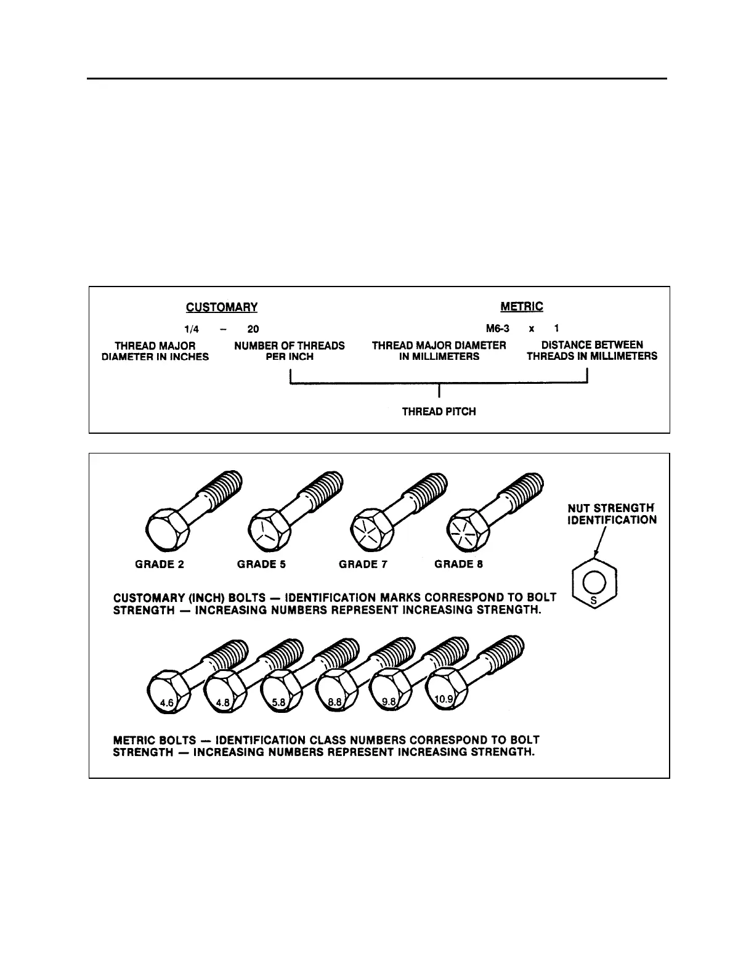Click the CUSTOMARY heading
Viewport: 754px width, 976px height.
click(222, 307)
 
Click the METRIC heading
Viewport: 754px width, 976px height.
click(522, 306)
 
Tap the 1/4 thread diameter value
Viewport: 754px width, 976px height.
click(192, 329)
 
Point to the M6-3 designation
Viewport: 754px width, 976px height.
click(497, 328)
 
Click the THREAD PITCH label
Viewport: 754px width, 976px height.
click(439, 411)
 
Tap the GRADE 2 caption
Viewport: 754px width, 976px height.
click(160, 564)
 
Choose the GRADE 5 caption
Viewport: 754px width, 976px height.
click(261, 564)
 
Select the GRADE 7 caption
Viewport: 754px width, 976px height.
click(363, 564)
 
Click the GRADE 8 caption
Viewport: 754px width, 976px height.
click(458, 564)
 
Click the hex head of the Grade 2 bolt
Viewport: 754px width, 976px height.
click(164, 529)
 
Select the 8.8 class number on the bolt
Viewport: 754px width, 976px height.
click(334, 701)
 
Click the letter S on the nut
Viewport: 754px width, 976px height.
click(594, 603)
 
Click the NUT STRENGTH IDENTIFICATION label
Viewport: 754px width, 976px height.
click(611, 514)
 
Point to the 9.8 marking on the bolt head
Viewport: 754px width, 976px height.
click(389, 701)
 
